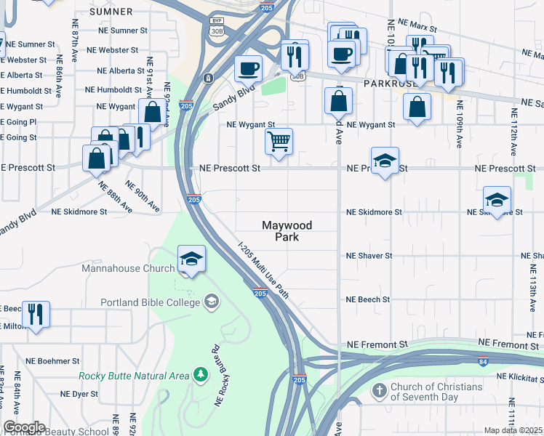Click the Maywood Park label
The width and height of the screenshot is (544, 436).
click(287, 231)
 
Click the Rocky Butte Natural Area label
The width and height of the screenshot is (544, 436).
click(134, 375)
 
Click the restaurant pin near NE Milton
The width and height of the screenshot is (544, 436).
click(36, 315)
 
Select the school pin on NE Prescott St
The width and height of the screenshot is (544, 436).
click(385, 162)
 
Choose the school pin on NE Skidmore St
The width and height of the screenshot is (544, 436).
click(497, 201)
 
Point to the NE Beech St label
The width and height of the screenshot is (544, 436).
click(368, 299)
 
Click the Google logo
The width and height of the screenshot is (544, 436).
click(24, 427)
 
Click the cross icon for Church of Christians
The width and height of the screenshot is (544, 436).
click(378, 392)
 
